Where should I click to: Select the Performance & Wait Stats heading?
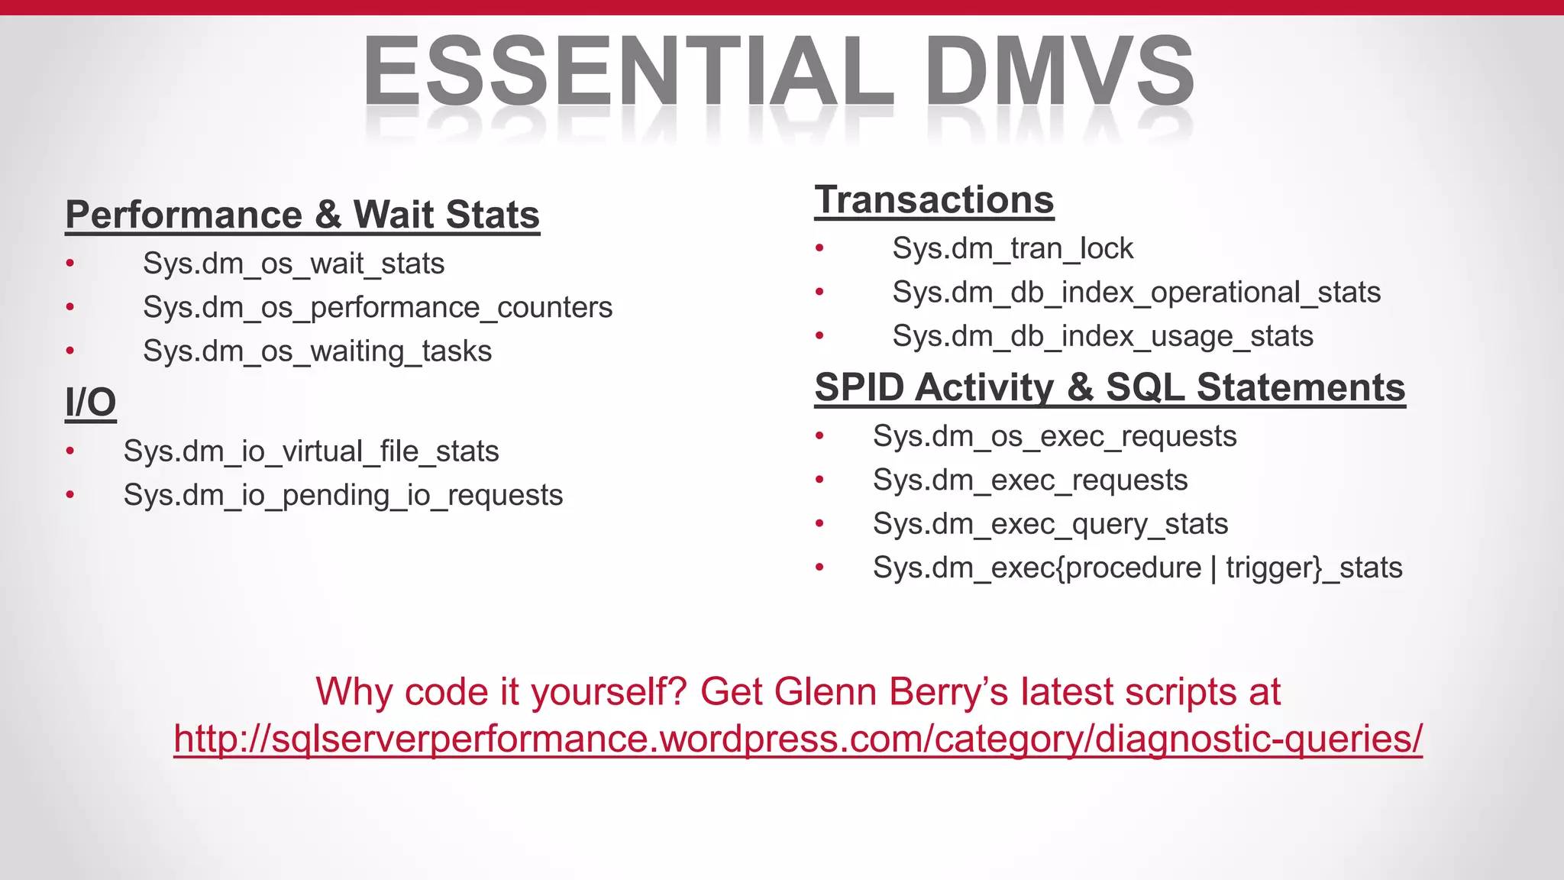click(302, 215)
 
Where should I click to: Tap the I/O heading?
click(90, 403)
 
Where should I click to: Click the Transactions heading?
click(934, 200)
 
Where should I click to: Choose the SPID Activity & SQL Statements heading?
click(1110, 387)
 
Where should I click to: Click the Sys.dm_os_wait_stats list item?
click(293, 264)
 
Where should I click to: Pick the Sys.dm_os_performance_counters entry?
click(377, 308)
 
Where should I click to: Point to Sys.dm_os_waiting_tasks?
click(317, 351)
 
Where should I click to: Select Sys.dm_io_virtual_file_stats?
click(311, 451)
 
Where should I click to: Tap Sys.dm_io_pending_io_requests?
click(343, 495)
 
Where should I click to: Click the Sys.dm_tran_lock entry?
click(1013, 249)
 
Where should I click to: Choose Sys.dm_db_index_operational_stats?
click(1136, 293)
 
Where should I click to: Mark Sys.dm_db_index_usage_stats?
click(1103, 336)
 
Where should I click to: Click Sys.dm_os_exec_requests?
click(1055, 436)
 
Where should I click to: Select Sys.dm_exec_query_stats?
click(1050, 524)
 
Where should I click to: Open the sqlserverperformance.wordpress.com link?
click(797, 739)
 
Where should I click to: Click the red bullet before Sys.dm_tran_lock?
click(819, 247)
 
